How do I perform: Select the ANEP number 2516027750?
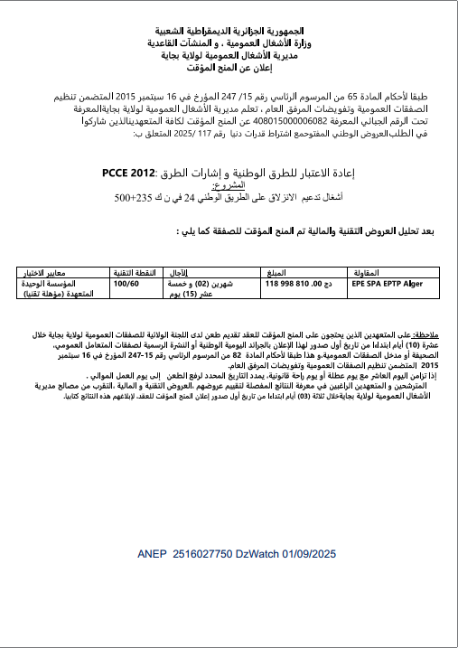(208, 552)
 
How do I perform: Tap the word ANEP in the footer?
(154, 552)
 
